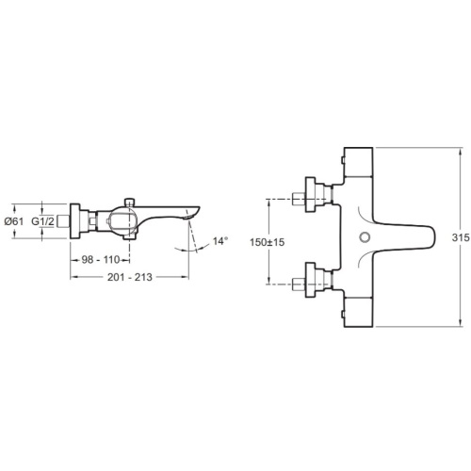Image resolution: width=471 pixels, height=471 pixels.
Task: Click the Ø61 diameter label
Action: click(14, 221)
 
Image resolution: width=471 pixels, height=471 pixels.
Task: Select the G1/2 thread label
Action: click(42, 221)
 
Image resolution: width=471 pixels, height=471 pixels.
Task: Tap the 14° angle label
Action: click(220, 241)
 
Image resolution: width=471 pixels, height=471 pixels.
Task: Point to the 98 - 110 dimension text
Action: click(101, 260)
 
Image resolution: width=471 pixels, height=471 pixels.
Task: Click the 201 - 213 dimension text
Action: click(130, 277)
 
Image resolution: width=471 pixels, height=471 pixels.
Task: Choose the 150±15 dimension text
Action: click(268, 242)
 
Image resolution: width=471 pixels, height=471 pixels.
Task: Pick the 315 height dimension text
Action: click(461, 237)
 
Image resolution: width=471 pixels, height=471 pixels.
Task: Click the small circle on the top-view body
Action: click(365, 237)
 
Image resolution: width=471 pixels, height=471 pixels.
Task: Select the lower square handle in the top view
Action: click(358, 312)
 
